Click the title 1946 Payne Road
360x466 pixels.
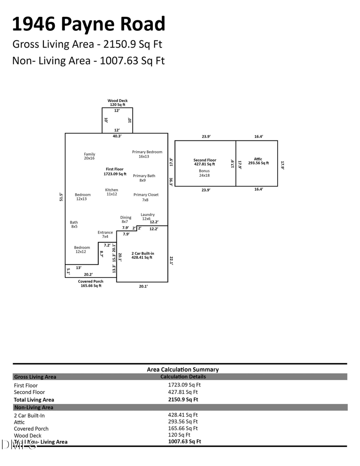(x=88, y=24)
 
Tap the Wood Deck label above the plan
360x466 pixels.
(x=118, y=102)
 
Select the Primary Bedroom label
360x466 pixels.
(x=147, y=154)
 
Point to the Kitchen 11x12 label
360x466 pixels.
(x=112, y=192)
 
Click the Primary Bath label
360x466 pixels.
(x=144, y=178)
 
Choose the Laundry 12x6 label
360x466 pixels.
(x=148, y=217)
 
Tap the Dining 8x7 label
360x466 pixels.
(x=126, y=220)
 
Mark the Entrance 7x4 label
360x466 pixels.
(x=105, y=234)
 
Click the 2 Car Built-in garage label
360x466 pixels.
(x=143, y=256)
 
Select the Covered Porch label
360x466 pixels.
(x=90, y=283)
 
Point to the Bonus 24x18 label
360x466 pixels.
(x=204, y=173)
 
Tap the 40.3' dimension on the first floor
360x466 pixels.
(x=117, y=136)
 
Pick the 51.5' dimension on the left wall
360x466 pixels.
(x=61, y=198)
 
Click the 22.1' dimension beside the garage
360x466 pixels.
(x=171, y=261)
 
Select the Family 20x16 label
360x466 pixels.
(x=90, y=156)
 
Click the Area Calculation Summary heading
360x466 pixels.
(x=183, y=370)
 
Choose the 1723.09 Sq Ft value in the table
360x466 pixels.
(x=184, y=385)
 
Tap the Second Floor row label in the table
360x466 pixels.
(x=30, y=392)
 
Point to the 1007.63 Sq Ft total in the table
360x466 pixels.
(x=184, y=442)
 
